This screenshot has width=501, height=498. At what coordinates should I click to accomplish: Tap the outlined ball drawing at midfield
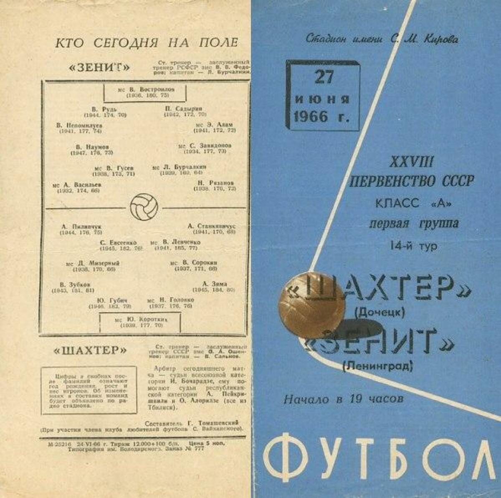pos(144,206)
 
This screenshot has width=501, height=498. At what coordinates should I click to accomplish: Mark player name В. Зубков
pos(75,284)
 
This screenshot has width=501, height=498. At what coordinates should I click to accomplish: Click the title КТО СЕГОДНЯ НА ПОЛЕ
pos(146,43)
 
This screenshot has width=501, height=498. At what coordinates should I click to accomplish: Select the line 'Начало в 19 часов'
pos(343,399)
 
